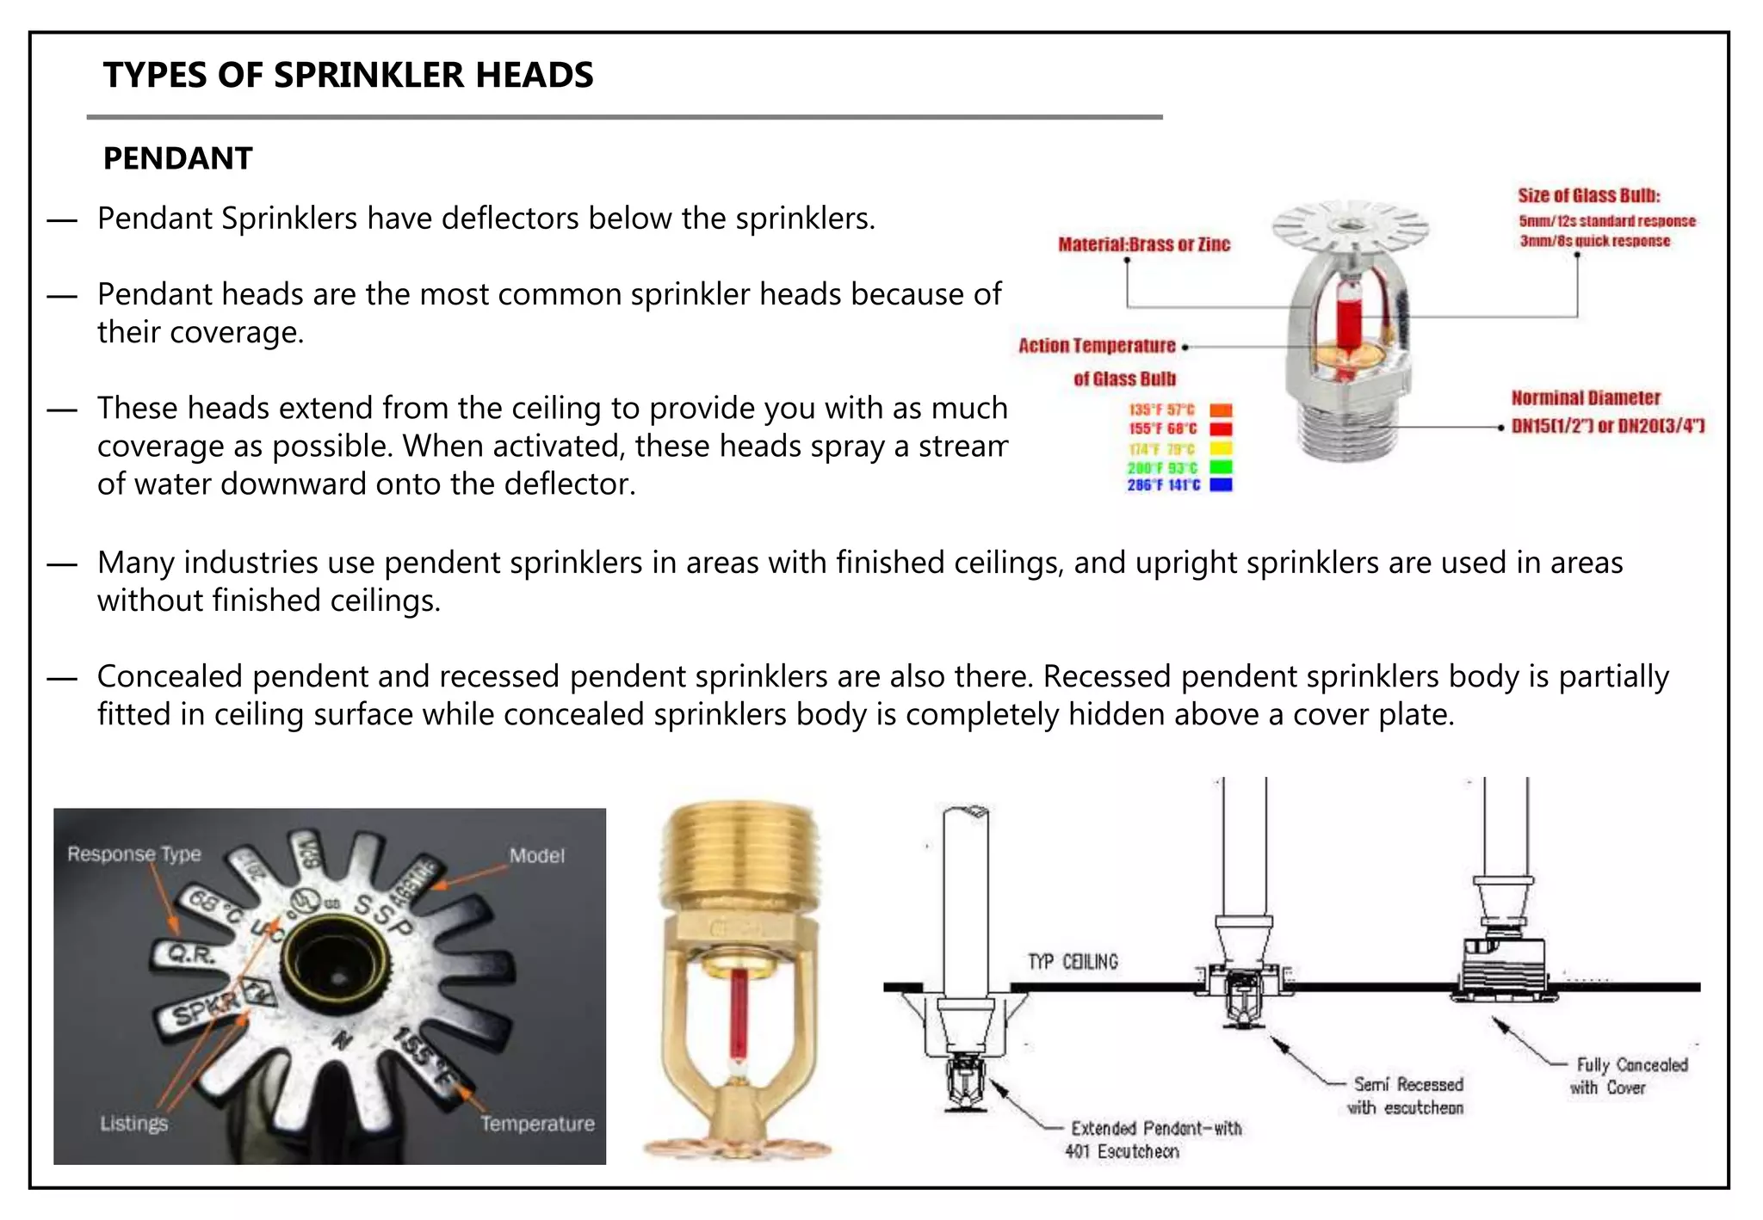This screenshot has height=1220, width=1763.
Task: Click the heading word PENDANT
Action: (177, 159)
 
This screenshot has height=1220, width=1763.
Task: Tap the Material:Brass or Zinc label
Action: (1143, 245)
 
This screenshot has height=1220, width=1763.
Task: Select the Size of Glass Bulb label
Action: (1588, 196)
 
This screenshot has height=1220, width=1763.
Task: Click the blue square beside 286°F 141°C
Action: (1221, 485)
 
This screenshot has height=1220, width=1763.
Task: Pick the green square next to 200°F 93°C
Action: (1221, 467)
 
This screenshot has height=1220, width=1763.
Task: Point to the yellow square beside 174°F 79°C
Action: (1221, 448)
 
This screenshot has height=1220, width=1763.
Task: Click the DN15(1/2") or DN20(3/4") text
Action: (1607, 426)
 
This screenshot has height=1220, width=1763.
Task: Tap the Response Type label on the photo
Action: (134, 854)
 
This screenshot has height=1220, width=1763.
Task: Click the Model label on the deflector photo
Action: (536, 856)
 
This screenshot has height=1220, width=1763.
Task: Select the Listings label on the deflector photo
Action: (133, 1124)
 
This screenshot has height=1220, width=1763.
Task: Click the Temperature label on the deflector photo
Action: (537, 1124)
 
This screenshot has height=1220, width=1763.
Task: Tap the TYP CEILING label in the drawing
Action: (1073, 962)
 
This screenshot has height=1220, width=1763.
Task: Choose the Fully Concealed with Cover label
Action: (1630, 1076)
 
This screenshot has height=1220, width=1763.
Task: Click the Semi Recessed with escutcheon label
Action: (1406, 1096)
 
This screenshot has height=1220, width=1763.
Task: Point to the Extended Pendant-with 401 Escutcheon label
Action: (1154, 1140)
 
